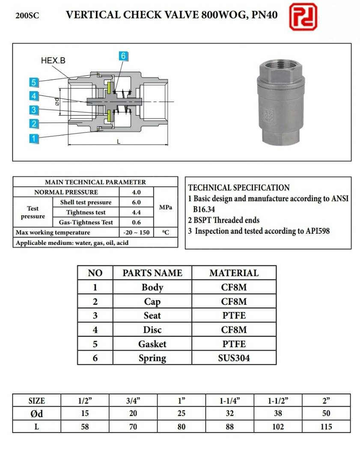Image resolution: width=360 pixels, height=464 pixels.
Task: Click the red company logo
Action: [x=303, y=17]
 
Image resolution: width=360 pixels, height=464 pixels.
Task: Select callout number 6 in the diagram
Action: [x=123, y=56]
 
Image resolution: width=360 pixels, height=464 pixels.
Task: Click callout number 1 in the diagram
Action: [x=34, y=138]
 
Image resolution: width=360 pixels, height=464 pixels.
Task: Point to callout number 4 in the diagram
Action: [x=34, y=95]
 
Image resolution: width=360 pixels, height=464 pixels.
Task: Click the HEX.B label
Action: [x=53, y=61]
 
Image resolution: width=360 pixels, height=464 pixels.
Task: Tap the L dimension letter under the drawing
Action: [x=119, y=142]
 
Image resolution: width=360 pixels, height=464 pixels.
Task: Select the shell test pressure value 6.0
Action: [x=136, y=202]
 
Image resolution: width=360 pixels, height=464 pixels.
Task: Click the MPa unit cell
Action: [x=165, y=207]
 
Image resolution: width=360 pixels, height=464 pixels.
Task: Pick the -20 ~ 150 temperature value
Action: [x=136, y=232]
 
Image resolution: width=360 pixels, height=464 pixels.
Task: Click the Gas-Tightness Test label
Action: [x=83, y=222]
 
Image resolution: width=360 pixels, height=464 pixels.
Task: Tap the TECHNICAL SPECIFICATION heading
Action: [x=239, y=187]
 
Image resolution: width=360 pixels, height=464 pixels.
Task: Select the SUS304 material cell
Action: [x=234, y=358]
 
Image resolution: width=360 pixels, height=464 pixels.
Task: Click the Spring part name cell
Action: [x=152, y=358]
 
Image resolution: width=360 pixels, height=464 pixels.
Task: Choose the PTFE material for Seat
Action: [x=234, y=315]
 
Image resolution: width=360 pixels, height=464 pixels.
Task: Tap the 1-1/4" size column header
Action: [x=229, y=401]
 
